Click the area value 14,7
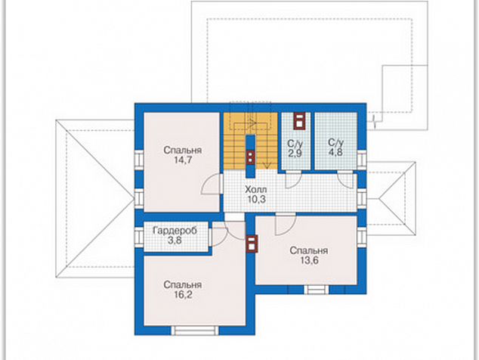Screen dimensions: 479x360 click(183, 160)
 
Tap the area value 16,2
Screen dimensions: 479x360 click(183, 294)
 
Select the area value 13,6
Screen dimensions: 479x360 click(309, 261)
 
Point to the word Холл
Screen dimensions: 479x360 click(255, 190)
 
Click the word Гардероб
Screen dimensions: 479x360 click(175, 231)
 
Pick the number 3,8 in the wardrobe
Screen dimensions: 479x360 click(175, 241)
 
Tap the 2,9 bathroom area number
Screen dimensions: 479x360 click(295, 153)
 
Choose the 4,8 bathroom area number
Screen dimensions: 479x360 click(335, 152)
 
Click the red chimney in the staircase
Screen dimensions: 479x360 click(251, 157)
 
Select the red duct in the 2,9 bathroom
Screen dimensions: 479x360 click(299, 121)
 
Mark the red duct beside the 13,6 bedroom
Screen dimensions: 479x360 click(252, 244)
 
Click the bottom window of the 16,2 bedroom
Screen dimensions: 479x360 click(195, 331)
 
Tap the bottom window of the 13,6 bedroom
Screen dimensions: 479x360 click(316, 290)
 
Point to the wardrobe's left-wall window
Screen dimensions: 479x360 click(139, 237)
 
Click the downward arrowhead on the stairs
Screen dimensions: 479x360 click(267, 166)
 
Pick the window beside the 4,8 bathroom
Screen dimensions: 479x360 click(362, 158)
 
